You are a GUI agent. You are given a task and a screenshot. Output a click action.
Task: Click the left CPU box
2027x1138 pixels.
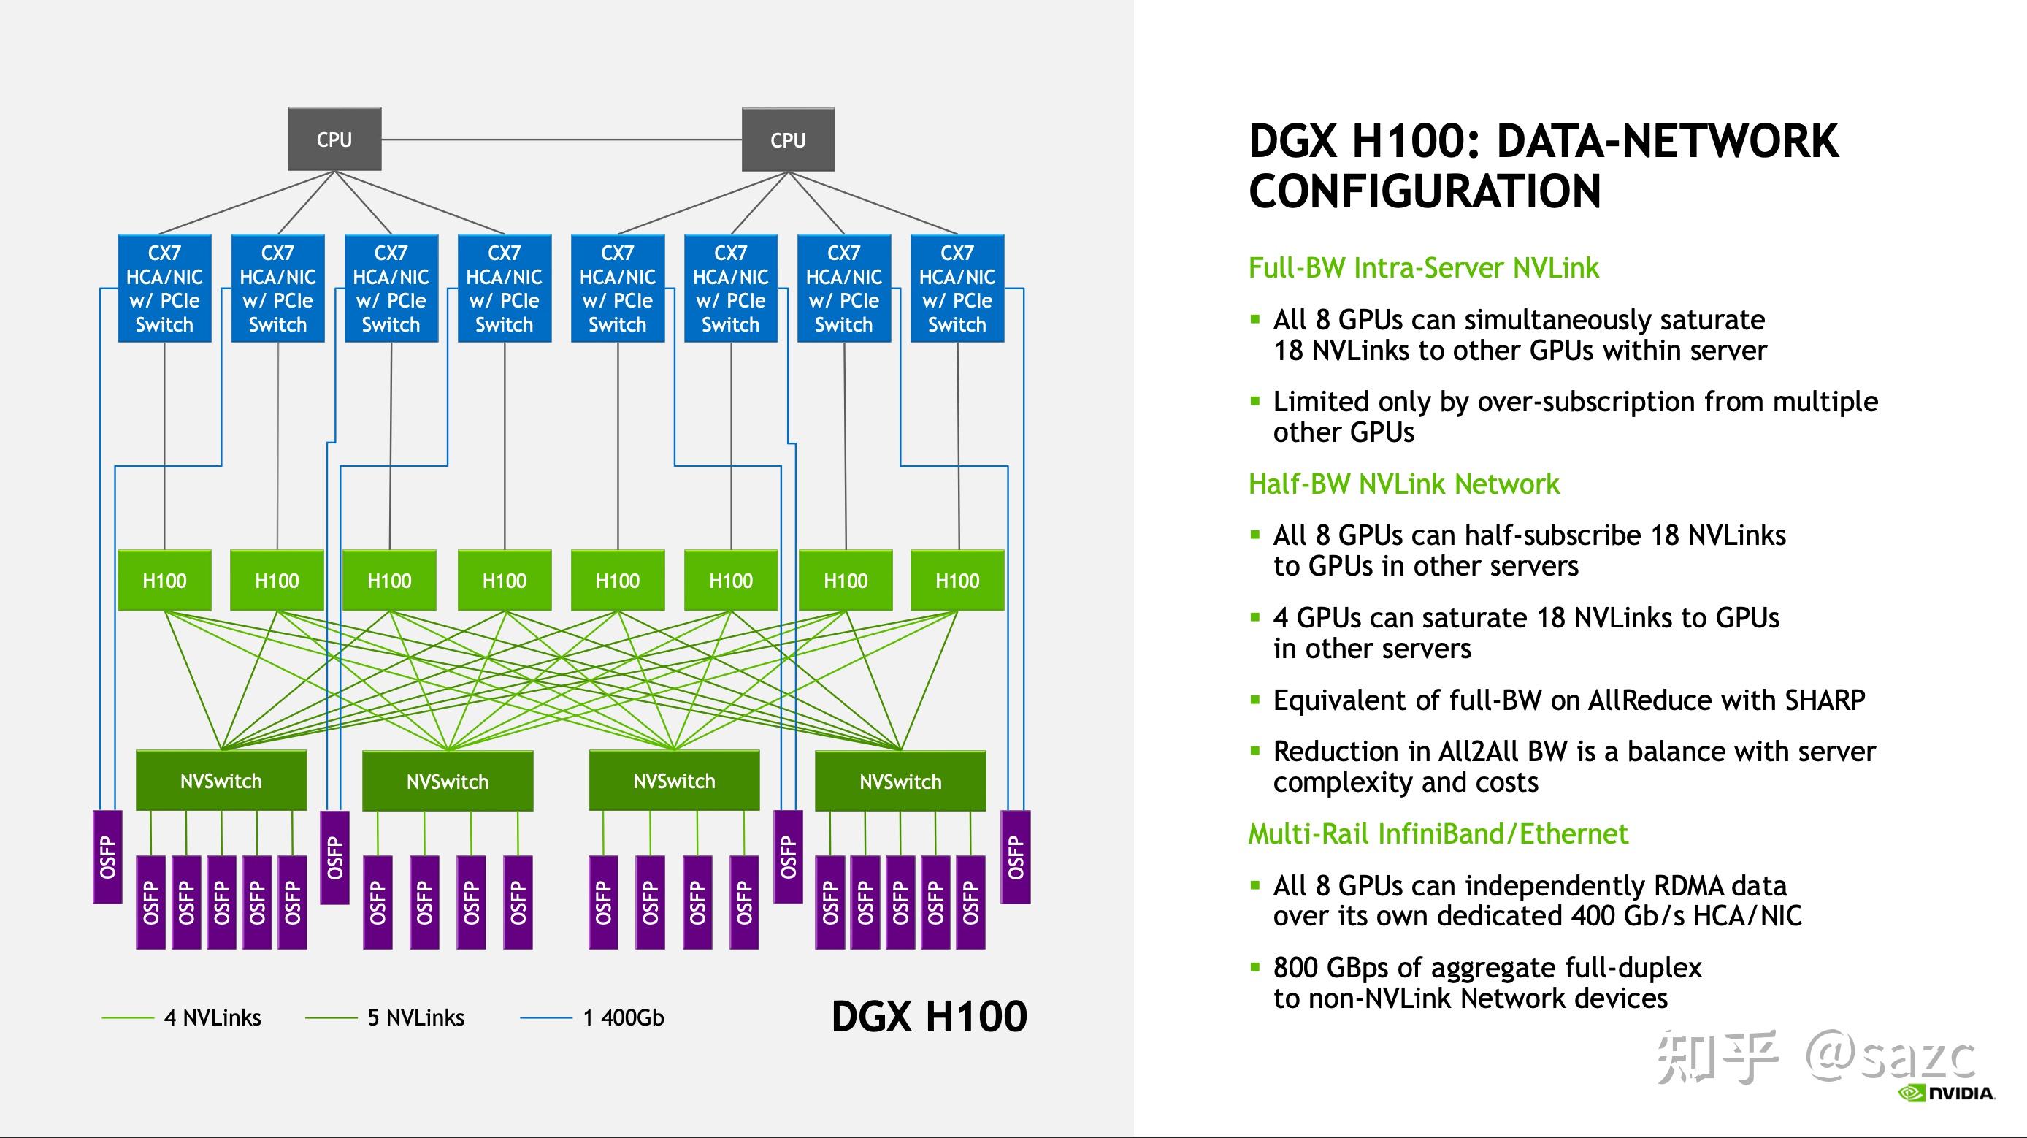coord(334,140)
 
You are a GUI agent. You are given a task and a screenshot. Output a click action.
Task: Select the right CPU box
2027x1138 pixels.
coord(788,140)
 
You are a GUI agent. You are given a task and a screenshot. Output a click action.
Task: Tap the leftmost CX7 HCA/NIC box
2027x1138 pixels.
coord(164,288)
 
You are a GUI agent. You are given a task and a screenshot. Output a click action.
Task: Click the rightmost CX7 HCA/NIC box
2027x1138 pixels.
coord(957,288)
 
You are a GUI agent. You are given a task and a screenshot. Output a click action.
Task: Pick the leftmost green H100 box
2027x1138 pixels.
coord(164,581)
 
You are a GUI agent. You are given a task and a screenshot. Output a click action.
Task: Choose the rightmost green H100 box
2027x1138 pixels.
coord(957,581)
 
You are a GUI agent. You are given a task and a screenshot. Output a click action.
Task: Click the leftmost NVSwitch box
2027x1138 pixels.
coord(221,781)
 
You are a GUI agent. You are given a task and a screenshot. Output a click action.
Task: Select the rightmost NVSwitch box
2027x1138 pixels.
coord(900,781)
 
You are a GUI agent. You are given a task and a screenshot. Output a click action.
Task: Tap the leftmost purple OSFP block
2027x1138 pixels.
coord(108,857)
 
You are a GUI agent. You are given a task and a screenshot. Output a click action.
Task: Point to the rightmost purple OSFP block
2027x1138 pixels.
coord(1016,857)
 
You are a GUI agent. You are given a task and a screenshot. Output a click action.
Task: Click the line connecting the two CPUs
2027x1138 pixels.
coord(562,140)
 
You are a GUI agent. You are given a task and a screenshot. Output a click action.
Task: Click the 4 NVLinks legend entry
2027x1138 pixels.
coord(181,1017)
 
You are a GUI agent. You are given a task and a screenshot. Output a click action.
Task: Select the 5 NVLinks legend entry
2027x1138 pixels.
coord(385,1017)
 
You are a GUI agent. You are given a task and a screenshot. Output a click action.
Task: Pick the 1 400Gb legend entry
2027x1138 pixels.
coord(592,1017)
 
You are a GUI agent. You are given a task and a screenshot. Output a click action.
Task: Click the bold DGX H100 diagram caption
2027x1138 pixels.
coord(930,1016)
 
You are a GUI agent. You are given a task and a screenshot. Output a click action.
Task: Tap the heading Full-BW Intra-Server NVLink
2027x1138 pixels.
coord(1423,268)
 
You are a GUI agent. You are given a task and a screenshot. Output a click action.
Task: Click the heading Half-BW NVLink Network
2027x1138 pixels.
coord(1404,484)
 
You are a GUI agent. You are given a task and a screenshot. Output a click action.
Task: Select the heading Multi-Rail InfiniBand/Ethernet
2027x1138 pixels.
coord(1438,833)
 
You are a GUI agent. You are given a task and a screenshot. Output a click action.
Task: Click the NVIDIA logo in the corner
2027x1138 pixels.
coord(1946,1093)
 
